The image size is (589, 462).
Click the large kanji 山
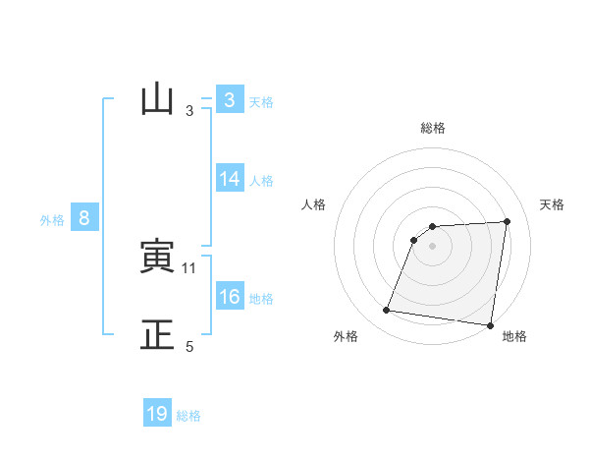click(x=157, y=100)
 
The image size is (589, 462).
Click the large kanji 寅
click(x=157, y=258)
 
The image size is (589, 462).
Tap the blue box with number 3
click(x=229, y=100)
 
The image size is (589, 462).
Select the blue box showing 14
click(x=229, y=179)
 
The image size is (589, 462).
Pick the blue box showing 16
click(x=229, y=297)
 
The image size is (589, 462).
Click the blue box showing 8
click(x=84, y=218)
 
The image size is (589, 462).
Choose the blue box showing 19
click(x=157, y=414)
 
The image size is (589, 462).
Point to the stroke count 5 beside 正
click(x=189, y=347)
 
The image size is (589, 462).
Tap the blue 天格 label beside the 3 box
click(x=261, y=102)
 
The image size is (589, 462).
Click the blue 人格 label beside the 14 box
click(x=261, y=181)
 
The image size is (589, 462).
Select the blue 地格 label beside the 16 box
click(x=261, y=299)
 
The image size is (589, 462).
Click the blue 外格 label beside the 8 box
click(x=52, y=221)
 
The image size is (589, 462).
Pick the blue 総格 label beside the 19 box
click(x=188, y=416)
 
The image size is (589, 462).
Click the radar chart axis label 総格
click(x=433, y=129)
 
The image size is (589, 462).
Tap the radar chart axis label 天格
click(x=553, y=204)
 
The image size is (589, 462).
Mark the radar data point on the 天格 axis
click(x=507, y=221)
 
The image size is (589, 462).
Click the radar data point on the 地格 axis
click(x=489, y=325)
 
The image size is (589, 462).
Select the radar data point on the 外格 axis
click(x=387, y=311)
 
